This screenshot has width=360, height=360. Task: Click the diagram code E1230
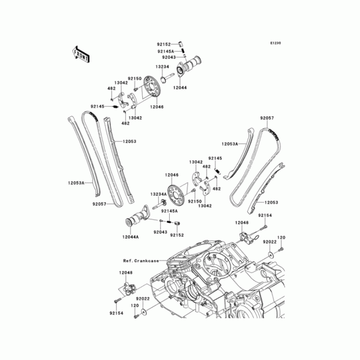[x=275, y=43]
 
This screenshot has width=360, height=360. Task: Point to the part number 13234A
[x=159, y=194]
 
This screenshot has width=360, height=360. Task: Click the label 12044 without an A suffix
[x=180, y=89]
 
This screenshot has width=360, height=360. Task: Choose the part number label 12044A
[x=130, y=237]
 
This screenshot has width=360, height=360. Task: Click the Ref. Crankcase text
[x=142, y=261]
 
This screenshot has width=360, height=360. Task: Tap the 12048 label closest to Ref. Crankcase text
[x=126, y=273]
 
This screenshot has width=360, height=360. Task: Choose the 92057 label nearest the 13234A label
[x=99, y=204]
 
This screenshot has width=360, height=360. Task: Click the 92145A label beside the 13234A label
[x=170, y=211]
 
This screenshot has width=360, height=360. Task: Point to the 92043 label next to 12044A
[x=159, y=232]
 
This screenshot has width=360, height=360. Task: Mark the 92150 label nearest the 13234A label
[x=194, y=201]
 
